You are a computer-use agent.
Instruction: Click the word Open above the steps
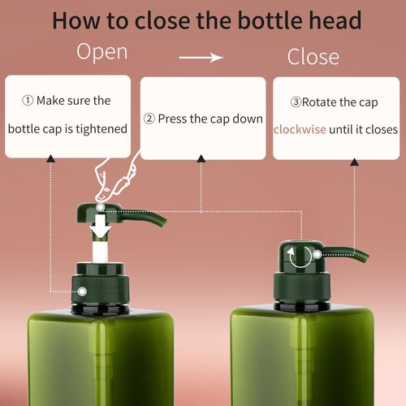pos(101,53)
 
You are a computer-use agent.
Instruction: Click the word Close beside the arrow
pos(313,57)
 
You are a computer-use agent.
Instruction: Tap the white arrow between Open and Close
pos(201,58)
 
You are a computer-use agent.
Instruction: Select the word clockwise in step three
pos(299,129)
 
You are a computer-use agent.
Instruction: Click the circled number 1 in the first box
pos(28,101)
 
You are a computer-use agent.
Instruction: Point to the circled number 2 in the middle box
pos(149,119)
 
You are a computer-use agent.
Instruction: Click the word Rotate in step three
pos(318,102)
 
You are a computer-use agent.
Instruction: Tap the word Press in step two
pos(172,119)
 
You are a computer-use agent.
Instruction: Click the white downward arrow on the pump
pos(101,227)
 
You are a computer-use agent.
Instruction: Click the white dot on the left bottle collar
pos(82,289)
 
